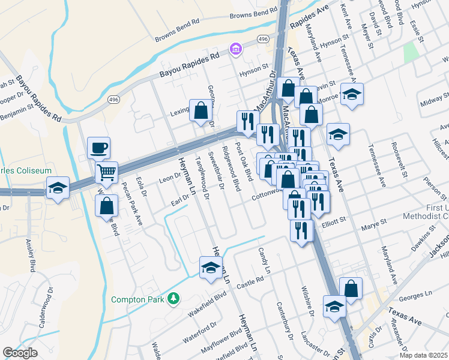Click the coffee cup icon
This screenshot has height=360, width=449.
(98, 147)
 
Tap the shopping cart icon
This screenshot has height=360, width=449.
(106, 173)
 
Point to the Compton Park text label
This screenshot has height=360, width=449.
(139, 299)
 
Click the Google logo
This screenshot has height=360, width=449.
(20, 353)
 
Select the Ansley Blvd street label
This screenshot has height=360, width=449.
(31, 254)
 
